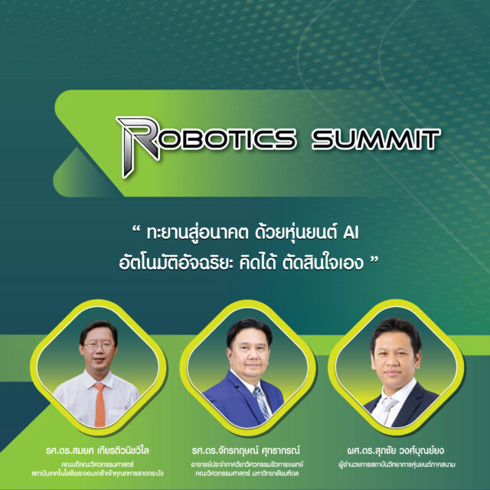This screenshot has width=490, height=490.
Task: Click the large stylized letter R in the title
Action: (x=138, y=145)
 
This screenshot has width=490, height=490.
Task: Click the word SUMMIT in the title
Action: (x=376, y=139)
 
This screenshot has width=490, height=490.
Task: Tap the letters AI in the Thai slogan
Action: (x=351, y=233)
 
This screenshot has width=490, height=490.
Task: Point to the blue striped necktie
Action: (x=262, y=403)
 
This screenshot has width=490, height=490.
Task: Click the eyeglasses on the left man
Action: (x=98, y=346)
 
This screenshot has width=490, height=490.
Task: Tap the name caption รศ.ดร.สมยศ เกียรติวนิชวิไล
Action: (x=97, y=450)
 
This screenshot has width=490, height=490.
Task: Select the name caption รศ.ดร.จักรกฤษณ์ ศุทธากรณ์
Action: (x=246, y=450)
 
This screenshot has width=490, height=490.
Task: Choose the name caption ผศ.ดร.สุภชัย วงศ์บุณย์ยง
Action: (x=396, y=450)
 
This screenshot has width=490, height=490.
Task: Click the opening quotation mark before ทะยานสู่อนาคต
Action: (x=136, y=229)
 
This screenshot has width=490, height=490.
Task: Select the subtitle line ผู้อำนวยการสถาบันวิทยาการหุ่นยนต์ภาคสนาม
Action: (x=397, y=465)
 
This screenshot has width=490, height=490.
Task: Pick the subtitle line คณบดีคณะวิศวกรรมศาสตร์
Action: (x=97, y=465)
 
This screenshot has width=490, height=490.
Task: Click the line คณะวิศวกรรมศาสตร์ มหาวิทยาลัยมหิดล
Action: (x=247, y=473)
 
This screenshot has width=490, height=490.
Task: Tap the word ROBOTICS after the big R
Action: (x=227, y=139)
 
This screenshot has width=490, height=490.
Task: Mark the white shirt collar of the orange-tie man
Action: (x=100, y=381)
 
